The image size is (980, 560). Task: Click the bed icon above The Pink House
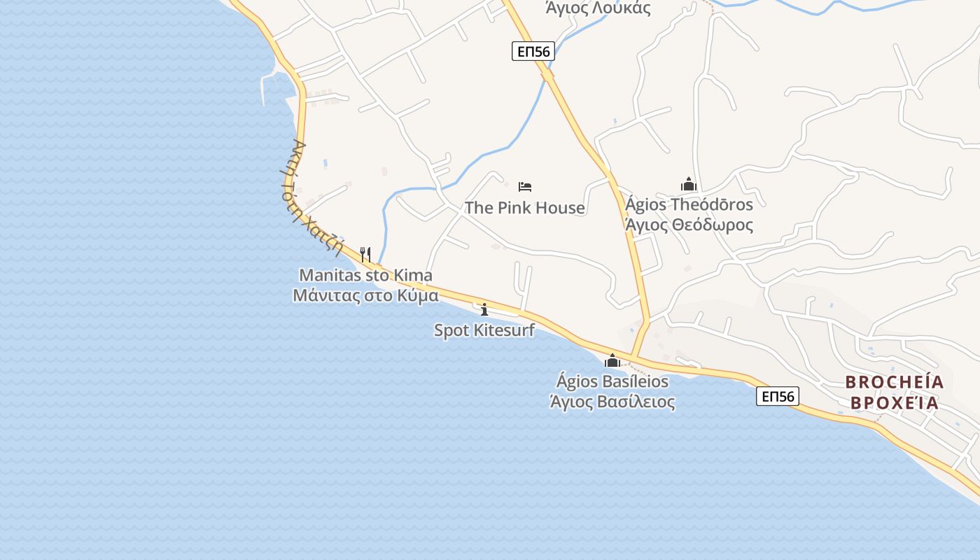click(x=525, y=186)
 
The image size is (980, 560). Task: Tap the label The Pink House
click(x=525, y=208)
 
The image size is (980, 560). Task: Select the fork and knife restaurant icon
click(x=365, y=254)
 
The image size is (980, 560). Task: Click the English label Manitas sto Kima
click(x=365, y=276)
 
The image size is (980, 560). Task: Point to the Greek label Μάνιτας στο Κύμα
click(x=365, y=295)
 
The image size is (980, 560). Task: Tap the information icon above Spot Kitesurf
click(x=484, y=309)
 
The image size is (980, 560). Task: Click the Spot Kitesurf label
click(x=484, y=330)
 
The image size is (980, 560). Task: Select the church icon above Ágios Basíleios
click(x=612, y=361)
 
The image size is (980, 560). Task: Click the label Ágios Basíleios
click(x=612, y=382)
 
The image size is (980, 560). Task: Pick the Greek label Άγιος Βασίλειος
click(x=612, y=402)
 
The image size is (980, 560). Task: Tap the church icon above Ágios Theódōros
click(x=689, y=185)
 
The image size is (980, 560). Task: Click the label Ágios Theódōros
click(x=689, y=204)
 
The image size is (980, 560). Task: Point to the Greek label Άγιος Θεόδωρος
click(x=689, y=225)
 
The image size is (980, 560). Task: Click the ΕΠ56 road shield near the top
click(x=533, y=51)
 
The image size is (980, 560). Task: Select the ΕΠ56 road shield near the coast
click(x=778, y=397)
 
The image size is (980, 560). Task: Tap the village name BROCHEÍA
click(x=895, y=382)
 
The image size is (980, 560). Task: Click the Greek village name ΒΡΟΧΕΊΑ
click(x=895, y=404)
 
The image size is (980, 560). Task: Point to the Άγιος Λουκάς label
click(x=598, y=8)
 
